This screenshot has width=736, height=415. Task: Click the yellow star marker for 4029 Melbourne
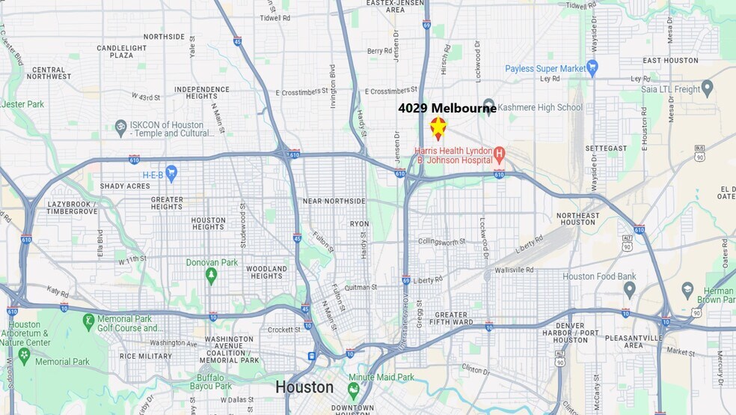point(438,128)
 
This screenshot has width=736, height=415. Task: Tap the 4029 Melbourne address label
point(447,108)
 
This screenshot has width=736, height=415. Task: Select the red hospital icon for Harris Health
point(499,155)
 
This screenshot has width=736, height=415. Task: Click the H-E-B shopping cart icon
point(171,173)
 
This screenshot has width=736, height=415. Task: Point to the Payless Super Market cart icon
point(592,68)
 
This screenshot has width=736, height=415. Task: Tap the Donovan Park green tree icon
point(212,276)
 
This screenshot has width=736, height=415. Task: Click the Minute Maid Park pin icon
point(353,390)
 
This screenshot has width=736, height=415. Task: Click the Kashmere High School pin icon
point(489,106)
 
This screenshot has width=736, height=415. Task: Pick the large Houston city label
point(304,387)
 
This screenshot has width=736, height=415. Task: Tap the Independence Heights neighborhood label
point(202,93)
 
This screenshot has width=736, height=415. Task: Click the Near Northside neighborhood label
point(334,201)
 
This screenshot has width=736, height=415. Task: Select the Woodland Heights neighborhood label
point(267,272)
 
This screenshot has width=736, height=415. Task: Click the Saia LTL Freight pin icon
point(708,88)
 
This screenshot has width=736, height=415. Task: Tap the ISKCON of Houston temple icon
point(120,126)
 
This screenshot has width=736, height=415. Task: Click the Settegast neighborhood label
point(607,148)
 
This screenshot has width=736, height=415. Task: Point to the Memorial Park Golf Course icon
point(88,322)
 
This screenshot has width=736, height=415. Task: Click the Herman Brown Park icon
point(687,290)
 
